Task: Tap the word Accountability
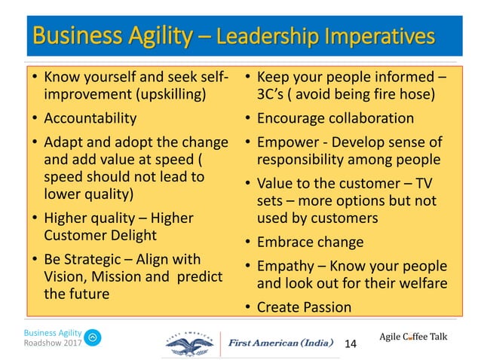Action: coord(90,118)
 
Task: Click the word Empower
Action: coord(286,142)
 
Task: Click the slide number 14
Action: coord(350,343)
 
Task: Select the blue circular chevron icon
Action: coord(93,338)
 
